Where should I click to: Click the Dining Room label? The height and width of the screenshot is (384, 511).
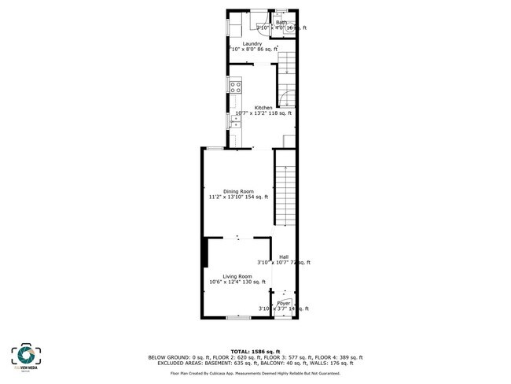tap(238, 191)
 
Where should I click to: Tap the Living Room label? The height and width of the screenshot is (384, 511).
tap(237, 276)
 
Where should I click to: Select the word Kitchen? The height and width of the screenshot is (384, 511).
tap(263, 107)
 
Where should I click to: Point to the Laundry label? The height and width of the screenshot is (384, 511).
tap(252, 44)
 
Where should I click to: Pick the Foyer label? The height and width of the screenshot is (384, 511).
tap(284, 303)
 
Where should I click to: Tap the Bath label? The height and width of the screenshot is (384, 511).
tap(281, 23)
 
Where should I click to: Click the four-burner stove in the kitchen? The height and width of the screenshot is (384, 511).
tap(236, 87)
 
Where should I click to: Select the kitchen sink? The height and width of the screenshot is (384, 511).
tap(234, 121)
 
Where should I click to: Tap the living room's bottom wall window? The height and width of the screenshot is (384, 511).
tap(238, 317)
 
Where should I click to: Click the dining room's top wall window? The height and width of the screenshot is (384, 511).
tap(214, 148)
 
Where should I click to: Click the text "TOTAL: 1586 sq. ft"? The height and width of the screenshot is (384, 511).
tap(255, 352)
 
